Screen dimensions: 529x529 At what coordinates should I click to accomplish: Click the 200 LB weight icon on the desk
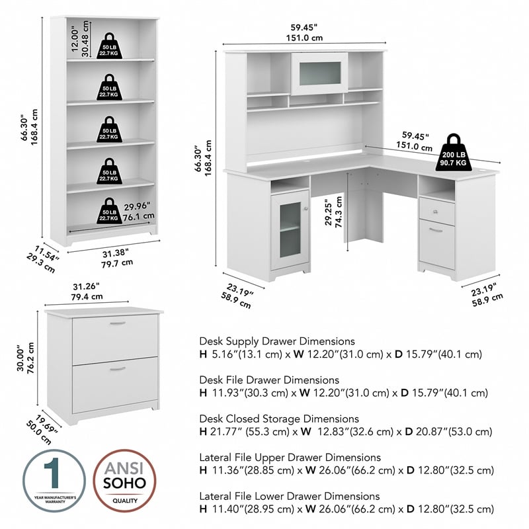[x=453, y=153]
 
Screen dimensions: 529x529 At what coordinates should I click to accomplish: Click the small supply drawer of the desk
[x=436, y=212]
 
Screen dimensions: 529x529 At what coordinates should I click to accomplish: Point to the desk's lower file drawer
[x=436, y=245]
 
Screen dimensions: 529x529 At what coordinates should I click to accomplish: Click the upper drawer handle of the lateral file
[x=117, y=324]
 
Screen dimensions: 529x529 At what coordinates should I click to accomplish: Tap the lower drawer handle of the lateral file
[x=117, y=368]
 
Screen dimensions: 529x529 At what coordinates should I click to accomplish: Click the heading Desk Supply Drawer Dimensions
[x=277, y=341]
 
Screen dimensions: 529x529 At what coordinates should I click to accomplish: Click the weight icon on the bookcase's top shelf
[x=109, y=46]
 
